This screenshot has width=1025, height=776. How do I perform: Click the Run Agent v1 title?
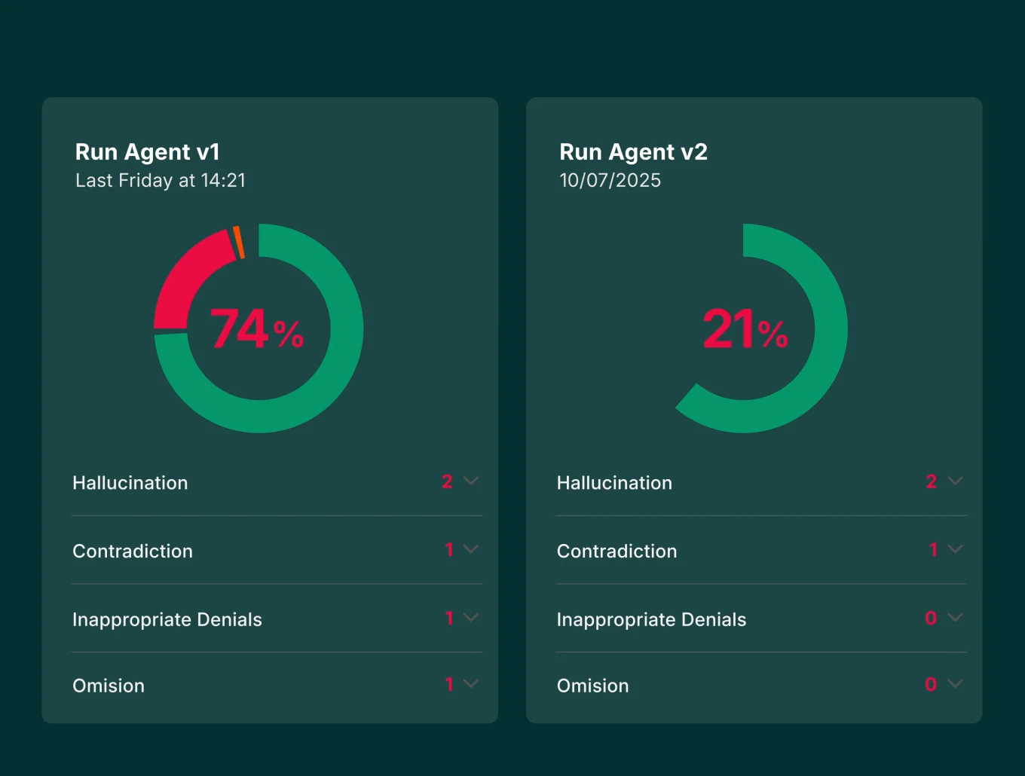click(x=148, y=152)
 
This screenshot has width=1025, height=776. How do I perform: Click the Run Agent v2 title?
click(x=633, y=152)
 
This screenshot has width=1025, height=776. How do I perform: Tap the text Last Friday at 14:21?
click(x=161, y=181)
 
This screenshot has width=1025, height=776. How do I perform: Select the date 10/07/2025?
click(x=610, y=181)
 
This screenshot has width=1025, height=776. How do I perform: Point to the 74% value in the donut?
click(x=256, y=329)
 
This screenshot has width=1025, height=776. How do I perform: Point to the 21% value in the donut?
click(x=745, y=329)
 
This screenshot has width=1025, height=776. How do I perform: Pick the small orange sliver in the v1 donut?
click(x=238, y=242)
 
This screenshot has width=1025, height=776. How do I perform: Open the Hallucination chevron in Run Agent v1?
click(x=471, y=481)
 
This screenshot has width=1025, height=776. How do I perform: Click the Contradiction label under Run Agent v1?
click(x=133, y=551)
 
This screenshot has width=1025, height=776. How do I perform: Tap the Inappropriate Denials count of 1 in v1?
click(x=449, y=619)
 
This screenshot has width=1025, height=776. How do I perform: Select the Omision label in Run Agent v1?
click(x=109, y=686)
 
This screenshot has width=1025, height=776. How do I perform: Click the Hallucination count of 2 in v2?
click(x=932, y=481)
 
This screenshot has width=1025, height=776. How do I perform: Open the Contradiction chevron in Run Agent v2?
click(x=955, y=549)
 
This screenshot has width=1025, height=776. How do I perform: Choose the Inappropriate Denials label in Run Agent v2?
click(x=651, y=620)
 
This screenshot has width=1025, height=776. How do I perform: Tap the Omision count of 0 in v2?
click(x=931, y=684)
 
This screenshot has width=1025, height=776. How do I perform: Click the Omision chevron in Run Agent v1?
click(x=471, y=684)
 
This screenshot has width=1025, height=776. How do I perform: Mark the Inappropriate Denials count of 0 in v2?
click(x=931, y=619)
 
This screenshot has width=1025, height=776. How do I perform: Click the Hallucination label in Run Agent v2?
click(x=614, y=483)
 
